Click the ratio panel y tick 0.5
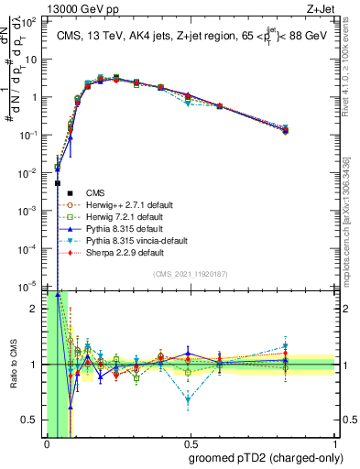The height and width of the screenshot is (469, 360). tap(31, 420)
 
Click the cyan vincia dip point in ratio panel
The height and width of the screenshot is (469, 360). tap(188, 400)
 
